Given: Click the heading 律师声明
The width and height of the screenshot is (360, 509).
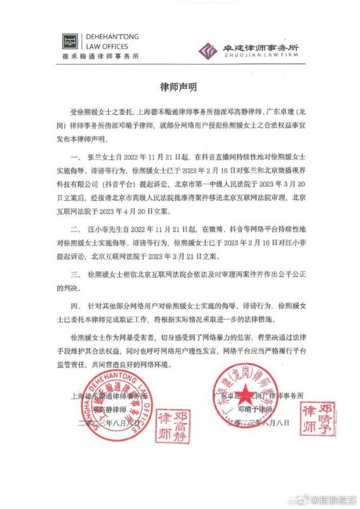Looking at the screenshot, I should click(179, 86).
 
